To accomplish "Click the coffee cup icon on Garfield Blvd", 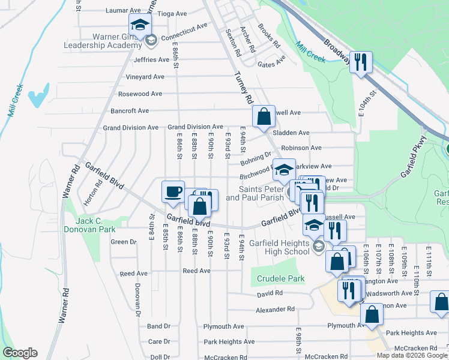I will tap(172, 191).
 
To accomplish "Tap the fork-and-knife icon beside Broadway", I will tap(360, 62).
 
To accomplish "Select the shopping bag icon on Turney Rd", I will tap(264, 116).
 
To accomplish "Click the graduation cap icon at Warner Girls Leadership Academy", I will tap(140, 25).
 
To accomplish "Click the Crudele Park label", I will tap(280, 278).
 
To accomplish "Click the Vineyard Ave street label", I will tap(145, 77).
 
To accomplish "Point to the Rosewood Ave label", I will tap(140, 94).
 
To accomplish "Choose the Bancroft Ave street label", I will tap(130, 110).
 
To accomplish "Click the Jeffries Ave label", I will tap(151, 59).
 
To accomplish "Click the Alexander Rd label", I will tap(275, 309).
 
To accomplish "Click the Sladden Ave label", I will tap(291, 133).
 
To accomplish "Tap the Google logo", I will tap(20, 352).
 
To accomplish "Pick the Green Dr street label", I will tap(123, 242).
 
